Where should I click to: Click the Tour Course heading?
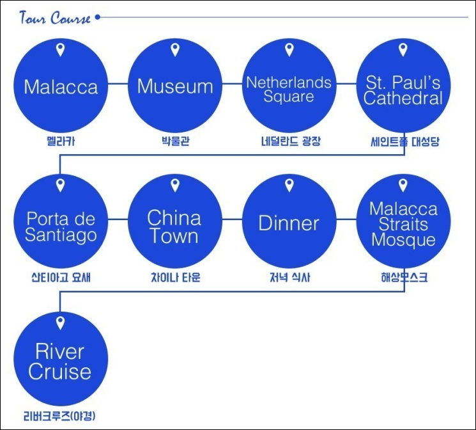click(x=55, y=18)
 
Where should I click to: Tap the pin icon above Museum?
click(x=175, y=49)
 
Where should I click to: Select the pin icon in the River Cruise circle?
click(x=61, y=323)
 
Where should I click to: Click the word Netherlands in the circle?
click(x=289, y=83)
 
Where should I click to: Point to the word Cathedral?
click(x=403, y=99)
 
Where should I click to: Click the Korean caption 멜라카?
click(x=61, y=141)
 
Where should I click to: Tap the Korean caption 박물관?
click(x=176, y=141)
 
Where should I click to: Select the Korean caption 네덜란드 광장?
click(x=291, y=141)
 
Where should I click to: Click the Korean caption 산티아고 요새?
click(x=61, y=277)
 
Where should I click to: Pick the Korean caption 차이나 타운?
click(x=176, y=277)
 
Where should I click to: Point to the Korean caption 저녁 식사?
click(x=290, y=277)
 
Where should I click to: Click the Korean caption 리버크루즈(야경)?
click(x=59, y=416)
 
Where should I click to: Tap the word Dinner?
click(x=289, y=223)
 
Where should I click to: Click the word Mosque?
click(x=403, y=239)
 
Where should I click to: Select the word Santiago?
click(x=61, y=235)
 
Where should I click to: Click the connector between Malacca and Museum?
click(x=118, y=83)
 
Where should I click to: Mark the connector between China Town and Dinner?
click(x=232, y=219)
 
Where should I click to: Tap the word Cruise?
click(x=60, y=372)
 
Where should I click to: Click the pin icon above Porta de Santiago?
click(x=61, y=186)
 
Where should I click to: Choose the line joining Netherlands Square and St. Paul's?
click(x=346, y=83)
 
